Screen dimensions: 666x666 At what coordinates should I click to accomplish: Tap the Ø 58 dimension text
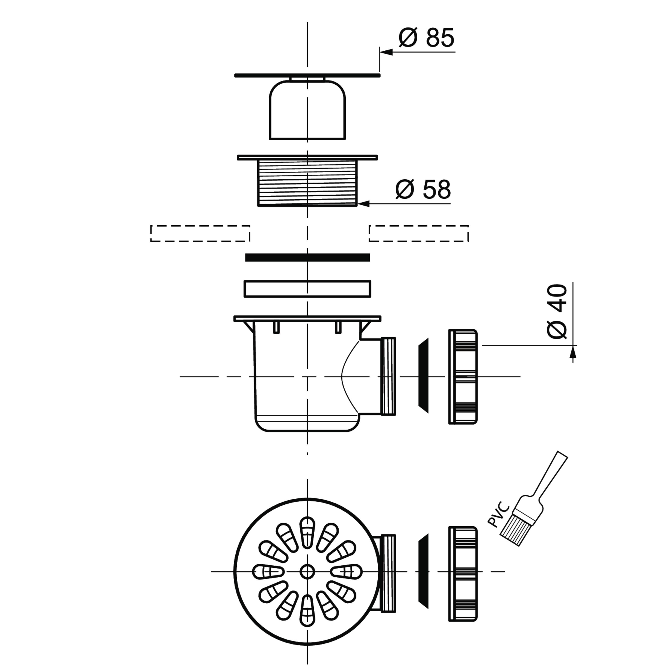423,189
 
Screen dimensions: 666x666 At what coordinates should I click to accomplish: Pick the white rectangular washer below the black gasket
307,289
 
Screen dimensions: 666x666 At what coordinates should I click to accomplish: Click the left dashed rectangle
200,233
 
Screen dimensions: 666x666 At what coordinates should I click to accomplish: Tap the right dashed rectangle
418,233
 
